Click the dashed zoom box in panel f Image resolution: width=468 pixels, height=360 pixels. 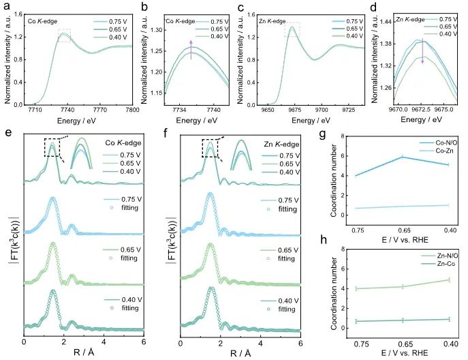(211, 147)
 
